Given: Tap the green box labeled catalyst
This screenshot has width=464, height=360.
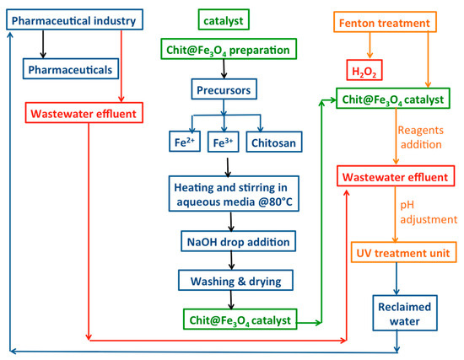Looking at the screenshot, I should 224,18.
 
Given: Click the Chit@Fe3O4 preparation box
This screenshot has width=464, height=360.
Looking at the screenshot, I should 224,51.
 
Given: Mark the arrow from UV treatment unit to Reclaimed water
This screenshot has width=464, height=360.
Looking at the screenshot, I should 397,277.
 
